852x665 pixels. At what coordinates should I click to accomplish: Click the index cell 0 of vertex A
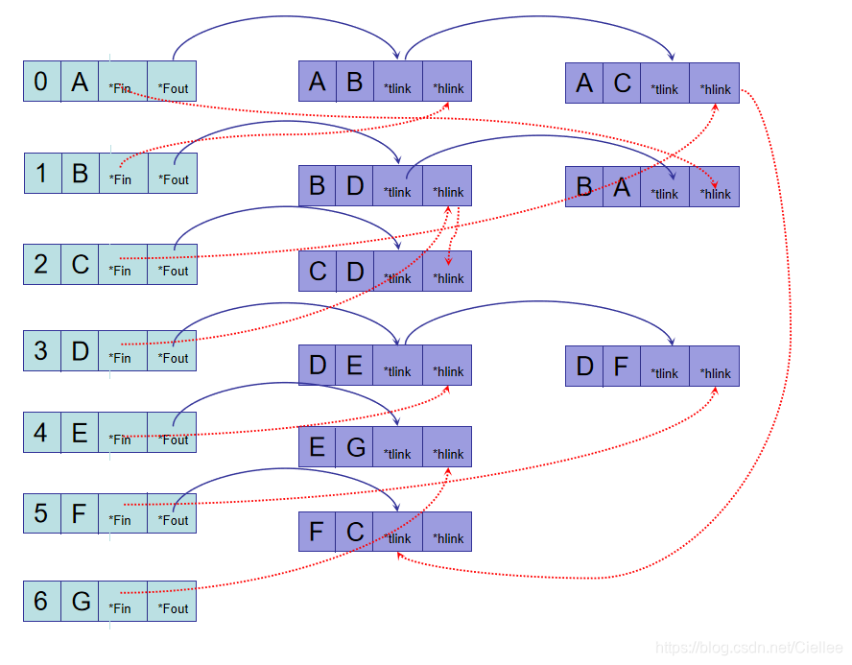pos(41,82)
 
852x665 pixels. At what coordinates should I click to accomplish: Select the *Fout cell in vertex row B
pos(173,173)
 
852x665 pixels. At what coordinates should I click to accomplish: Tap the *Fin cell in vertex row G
pos(123,602)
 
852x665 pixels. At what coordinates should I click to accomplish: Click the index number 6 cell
pos(41,602)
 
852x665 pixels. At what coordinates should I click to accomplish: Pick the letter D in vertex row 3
pos(80,350)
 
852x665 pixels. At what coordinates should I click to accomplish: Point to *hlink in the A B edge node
pos(447,82)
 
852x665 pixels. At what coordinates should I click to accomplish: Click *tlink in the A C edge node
pos(665,83)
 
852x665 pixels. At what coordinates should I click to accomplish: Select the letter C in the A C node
pos(622,83)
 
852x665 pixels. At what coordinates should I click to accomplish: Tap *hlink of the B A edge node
pos(715,186)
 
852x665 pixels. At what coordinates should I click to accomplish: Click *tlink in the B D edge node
pos(397,186)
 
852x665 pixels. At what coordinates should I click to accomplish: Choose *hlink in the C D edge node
pos(447,271)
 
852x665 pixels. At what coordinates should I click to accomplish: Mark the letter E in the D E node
pos(354,365)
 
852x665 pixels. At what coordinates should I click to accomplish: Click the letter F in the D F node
pos(622,366)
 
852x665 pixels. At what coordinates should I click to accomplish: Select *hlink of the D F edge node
pos(715,366)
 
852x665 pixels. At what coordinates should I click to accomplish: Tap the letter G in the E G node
pos(354,446)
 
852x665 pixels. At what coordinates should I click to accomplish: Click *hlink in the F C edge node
pos(447,532)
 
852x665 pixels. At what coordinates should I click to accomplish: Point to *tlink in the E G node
pos(397,446)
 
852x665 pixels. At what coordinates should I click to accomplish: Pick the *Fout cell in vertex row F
pos(173,513)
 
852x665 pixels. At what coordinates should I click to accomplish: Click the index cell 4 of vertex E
pos(41,432)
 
